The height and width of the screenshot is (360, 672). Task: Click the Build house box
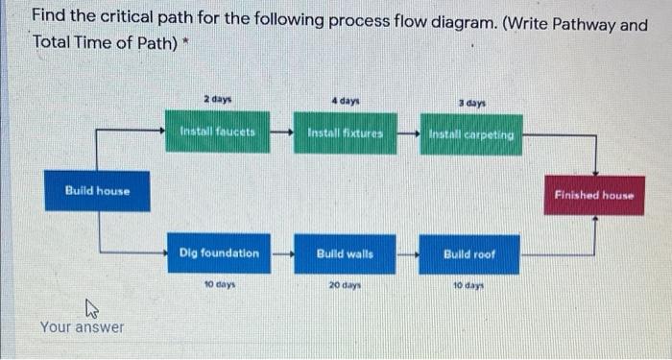97,191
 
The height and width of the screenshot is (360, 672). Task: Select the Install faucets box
219,133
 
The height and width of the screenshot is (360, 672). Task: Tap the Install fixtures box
345,133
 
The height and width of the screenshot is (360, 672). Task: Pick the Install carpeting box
470,134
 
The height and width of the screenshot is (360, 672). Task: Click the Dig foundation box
219,253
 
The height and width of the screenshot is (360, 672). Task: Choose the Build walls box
345,253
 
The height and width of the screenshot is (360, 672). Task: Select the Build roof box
469,253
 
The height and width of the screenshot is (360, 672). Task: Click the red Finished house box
594,195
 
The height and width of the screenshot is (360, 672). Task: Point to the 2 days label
217,99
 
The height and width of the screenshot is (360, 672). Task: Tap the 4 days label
345,99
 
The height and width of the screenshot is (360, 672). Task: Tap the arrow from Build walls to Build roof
408,254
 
